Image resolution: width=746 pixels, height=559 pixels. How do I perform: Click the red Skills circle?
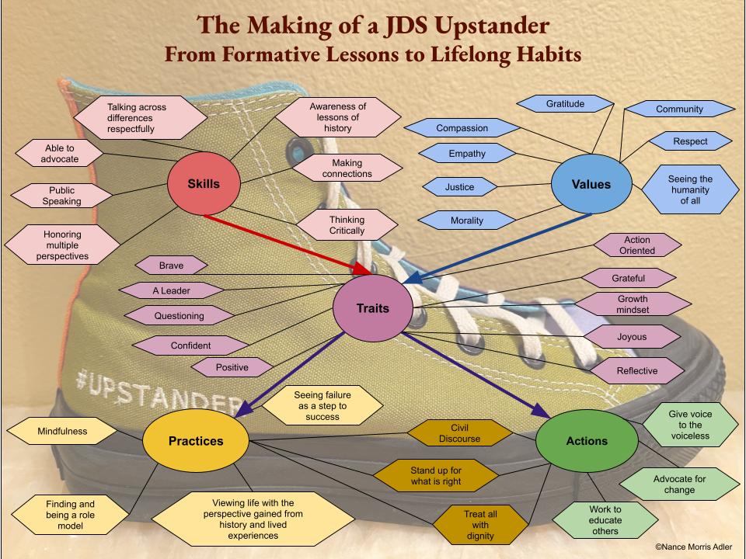[x=204, y=184]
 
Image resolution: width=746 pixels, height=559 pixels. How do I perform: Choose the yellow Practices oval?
[x=196, y=440]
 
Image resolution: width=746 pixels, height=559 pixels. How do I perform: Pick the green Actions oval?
[x=587, y=440]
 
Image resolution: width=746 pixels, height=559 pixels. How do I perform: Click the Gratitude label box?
[x=565, y=103]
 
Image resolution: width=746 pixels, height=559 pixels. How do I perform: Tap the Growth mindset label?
[x=632, y=304]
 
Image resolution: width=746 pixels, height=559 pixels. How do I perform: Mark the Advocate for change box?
[x=679, y=484]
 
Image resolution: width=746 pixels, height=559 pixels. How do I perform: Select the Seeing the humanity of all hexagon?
[x=690, y=189]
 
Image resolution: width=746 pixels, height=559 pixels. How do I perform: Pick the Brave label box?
[x=172, y=265]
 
